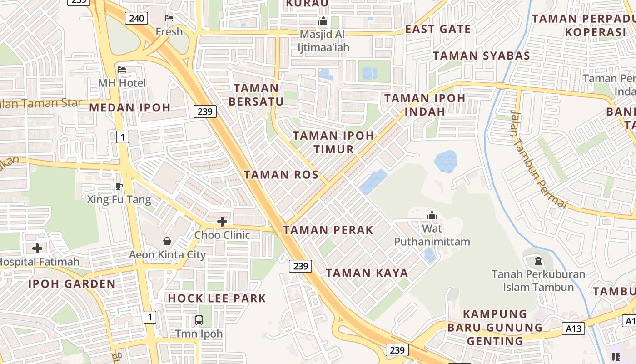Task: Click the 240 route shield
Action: pos(136,18)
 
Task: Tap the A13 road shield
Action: pos(573,328)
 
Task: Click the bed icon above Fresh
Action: pos(169,18)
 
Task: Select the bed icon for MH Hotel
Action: pos(122,70)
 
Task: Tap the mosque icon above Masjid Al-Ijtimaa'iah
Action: pos(323,21)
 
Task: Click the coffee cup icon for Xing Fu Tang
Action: pos(119,186)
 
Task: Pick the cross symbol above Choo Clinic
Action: pos(222,222)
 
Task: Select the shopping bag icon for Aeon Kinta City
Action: pos(167,241)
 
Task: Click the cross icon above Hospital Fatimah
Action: pos(37,248)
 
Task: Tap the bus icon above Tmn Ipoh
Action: pos(199,320)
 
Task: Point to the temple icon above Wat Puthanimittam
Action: pos(432,215)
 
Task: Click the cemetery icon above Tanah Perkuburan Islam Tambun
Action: pos(538,261)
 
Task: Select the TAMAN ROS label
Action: pos(281,175)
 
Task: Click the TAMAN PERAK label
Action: pos(328,230)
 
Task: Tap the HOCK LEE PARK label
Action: pos(217,298)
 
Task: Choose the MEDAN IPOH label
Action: pos(130,108)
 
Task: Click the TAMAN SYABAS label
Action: pos(482,56)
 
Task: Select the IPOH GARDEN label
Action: pos(72,284)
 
